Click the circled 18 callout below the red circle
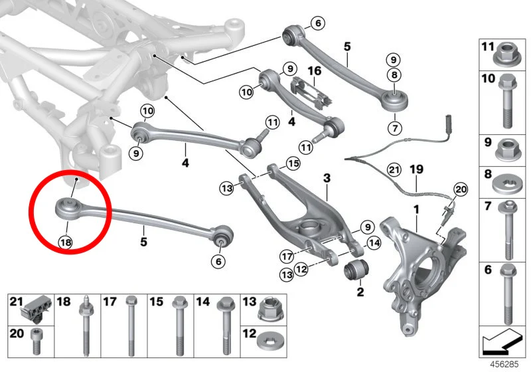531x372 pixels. tap(66, 242)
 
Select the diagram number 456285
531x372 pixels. tap(504, 364)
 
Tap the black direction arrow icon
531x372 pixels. tap(502, 341)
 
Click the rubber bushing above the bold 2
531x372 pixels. tap(356, 269)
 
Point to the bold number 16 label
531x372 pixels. tap(314, 71)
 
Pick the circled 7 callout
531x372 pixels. tap(395, 128)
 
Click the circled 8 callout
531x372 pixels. tap(394, 75)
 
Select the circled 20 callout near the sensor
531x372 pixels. tap(461, 189)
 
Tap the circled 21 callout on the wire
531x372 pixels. tap(394, 169)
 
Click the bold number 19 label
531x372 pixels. tap(417, 169)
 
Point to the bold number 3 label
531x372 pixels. tap(327, 177)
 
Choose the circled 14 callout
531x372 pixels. tap(374, 243)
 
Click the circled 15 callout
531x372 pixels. tap(293, 163)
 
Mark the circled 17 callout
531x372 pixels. tap(287, 256)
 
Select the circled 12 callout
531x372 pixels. tap(301, 269)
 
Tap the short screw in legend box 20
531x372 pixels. tap(37, 341)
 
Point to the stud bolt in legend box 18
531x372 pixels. tap(85, 325)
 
